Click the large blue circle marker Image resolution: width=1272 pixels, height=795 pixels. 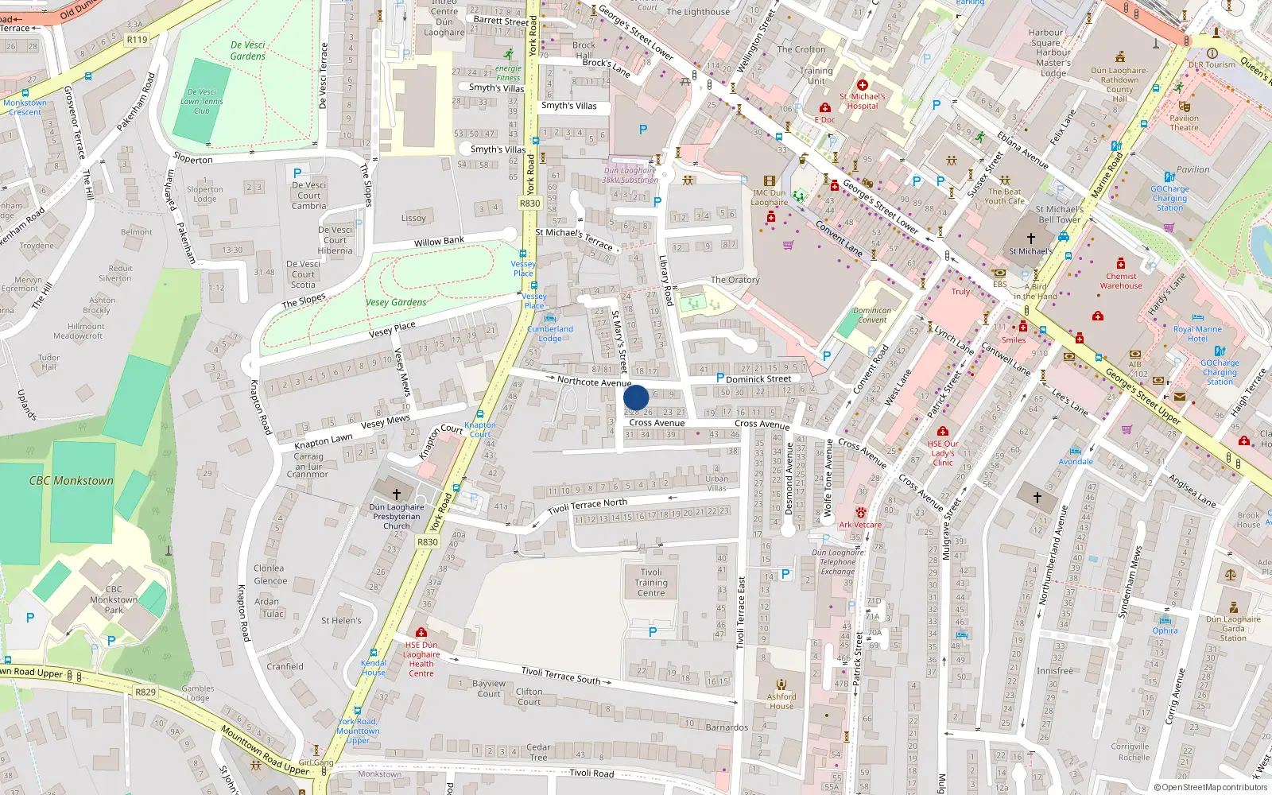636,397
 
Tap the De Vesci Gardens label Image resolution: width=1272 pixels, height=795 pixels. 248,50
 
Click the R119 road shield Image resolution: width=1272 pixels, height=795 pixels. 137,39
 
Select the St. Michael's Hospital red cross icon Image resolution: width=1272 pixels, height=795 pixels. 862,85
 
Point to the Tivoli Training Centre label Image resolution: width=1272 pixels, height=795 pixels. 651,583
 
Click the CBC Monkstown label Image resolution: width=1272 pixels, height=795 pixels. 72,481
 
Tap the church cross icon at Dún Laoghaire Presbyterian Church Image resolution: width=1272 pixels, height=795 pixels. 396,494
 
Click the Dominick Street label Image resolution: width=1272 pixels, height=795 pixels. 758,379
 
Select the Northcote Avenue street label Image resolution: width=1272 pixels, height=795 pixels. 594,382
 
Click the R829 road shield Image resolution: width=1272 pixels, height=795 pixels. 145,692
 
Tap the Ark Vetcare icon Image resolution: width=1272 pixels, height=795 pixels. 860,513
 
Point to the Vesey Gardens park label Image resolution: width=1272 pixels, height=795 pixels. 396,302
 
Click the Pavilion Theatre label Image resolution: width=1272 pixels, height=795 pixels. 1184,122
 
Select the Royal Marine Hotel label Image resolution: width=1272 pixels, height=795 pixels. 1197,334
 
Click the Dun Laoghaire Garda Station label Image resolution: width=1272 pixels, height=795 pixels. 1233,628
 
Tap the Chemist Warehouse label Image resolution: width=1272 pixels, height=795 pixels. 1121,281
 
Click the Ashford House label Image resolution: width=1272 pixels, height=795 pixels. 781,701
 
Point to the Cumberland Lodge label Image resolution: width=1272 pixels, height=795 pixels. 550,333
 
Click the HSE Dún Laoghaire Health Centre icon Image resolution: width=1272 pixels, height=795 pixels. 421,632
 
